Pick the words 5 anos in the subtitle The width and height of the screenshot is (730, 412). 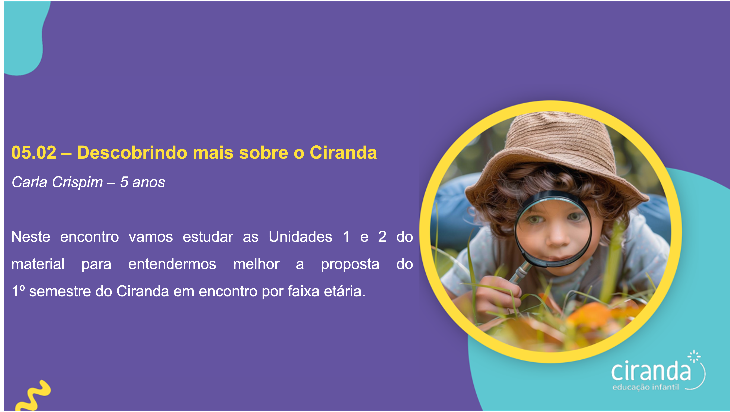(142, 182)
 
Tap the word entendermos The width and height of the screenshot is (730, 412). (172, 264)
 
